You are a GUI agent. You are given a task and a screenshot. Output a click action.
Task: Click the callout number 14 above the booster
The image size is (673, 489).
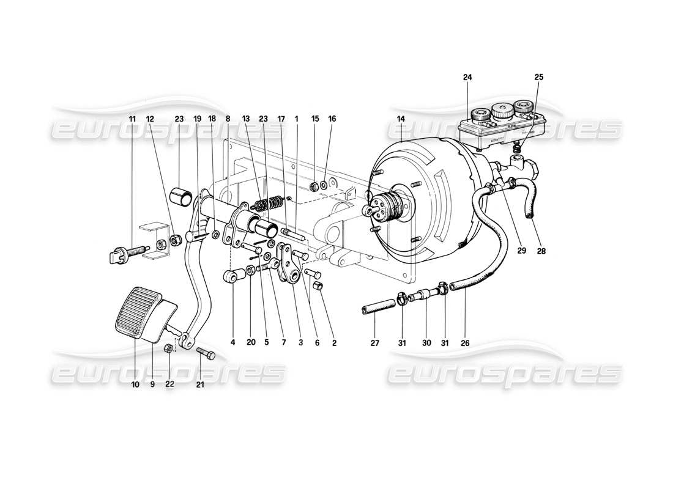(401, 119)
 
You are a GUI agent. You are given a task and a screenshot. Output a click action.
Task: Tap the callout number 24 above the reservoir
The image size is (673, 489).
(468, 78)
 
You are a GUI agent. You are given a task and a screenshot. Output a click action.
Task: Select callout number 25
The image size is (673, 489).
(538, 78)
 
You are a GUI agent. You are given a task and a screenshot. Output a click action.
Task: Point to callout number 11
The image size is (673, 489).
(133, 118)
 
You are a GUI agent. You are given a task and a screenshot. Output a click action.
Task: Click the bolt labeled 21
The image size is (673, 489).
(206, 354)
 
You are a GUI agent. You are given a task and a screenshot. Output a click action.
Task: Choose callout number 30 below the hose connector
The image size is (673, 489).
(425, 344)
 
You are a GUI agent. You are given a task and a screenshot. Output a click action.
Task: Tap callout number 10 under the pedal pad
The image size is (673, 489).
(135, 385)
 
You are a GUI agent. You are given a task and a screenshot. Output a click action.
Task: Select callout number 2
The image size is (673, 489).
(334, 344)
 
